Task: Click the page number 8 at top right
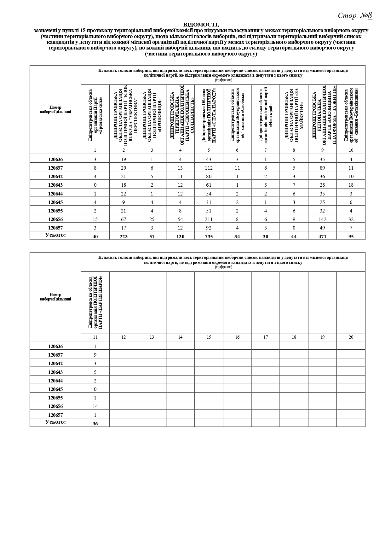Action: point(370,15)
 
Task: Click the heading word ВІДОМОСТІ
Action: point(201,25)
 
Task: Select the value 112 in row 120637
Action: point(209,168)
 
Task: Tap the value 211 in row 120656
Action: point(209,219)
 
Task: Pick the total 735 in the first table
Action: point(209,236)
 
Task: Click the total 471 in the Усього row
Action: point(322,236)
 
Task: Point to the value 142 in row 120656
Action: point(322,219)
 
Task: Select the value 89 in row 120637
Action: point(322,168)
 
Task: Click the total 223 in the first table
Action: point(124,236)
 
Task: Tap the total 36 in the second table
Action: point(95,423)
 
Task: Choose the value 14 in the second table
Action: point(95,406)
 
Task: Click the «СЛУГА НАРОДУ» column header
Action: point(209,116)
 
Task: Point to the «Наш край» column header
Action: point(266,116)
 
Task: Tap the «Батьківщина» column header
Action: point(351,116)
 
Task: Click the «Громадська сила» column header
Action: point(95,116)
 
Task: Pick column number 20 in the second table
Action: point(351,337)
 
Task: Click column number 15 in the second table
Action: point(209,337)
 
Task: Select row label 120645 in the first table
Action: point(55,202)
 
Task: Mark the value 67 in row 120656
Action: point(124,219)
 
